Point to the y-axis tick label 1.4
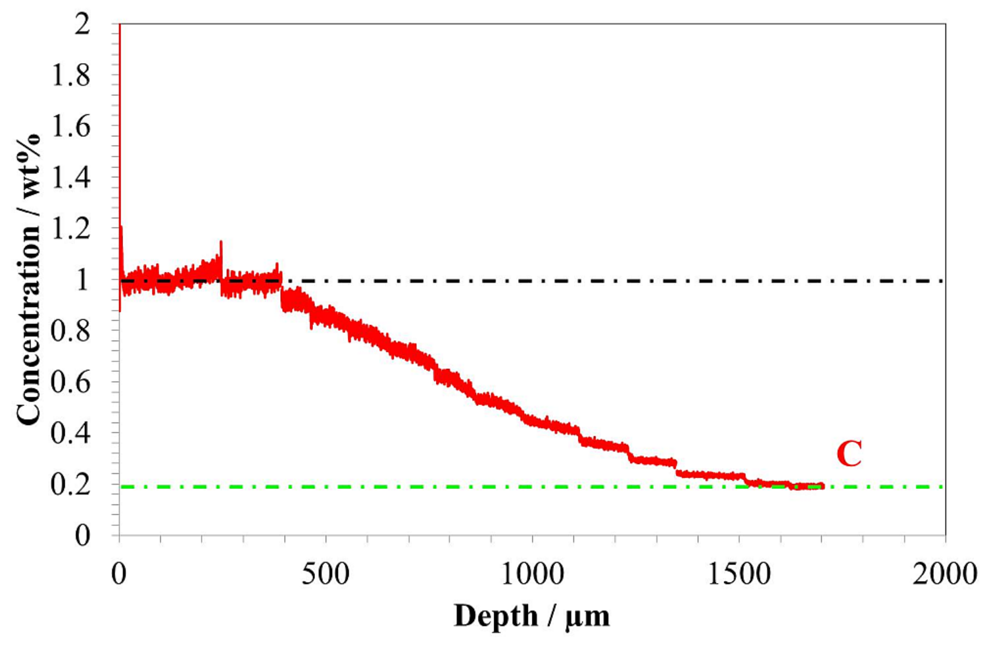click(70, 178)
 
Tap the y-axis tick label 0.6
click(70, 382)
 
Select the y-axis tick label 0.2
click(70, 485)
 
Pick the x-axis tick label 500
click(325, 575)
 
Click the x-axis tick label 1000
click(532, 575)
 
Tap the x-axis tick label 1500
click(739, 575)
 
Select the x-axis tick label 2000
click(945, 575)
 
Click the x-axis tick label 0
click(119, 575)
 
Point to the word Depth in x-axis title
click(495, 616)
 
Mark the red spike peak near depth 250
click(221, 241)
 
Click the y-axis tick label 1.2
click(70, 229)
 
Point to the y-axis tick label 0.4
click(70, 433)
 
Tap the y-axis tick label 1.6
click(70, 127)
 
